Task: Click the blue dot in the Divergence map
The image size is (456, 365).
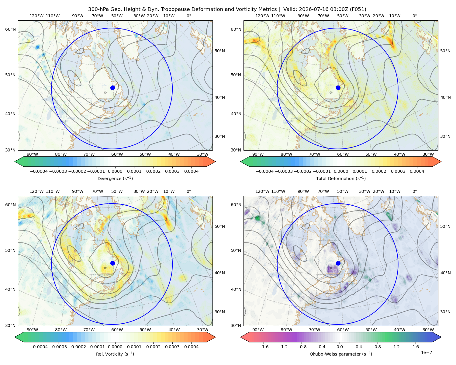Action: click(x=112, y=88)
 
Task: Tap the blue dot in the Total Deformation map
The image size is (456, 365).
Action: click(x=338, y=88)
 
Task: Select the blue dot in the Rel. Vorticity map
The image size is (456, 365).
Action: click(x=112, y=263)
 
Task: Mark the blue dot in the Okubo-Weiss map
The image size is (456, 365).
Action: click(x=338, y=263)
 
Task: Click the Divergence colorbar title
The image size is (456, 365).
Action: click(x=115, y=178)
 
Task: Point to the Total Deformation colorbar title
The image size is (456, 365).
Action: click(x=341, y=178)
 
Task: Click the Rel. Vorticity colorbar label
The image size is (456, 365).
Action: click(x=115, y=354)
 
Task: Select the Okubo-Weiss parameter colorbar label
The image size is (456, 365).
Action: click(x=341, y=354)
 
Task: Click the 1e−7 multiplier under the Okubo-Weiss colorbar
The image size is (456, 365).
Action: click(x=426, y=353)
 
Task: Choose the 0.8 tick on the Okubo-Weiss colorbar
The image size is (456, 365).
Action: click(x=378, y=346)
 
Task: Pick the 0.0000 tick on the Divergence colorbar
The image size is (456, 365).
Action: click(x=115, y=171)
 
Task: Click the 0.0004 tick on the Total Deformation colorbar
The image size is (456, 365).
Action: click(x=417, y=171)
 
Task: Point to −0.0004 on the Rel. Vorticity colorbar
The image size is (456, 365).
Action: click(x=39, y=346)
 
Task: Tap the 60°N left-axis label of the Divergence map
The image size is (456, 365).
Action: click(x=10, y=29)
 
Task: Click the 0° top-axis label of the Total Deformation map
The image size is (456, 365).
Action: click(x=414, y=16)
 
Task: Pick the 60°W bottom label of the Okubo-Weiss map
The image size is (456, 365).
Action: click(x=343, y=330)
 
